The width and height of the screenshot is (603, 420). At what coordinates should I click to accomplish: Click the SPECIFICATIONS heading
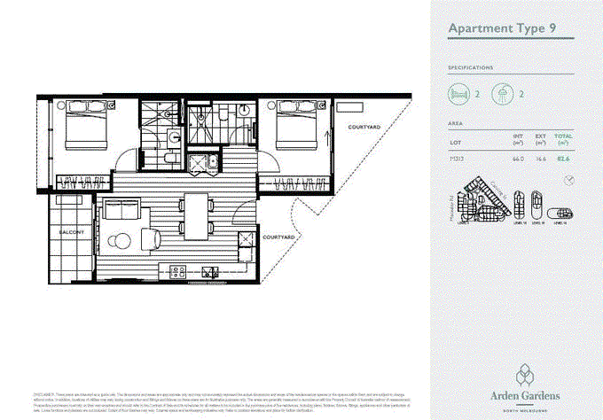pos(471,66)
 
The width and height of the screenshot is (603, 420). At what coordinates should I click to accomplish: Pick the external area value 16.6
pos(540,159)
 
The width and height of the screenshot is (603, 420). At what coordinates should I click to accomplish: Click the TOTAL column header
pos(563,136)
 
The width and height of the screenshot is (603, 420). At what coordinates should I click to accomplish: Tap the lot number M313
pos(457,159)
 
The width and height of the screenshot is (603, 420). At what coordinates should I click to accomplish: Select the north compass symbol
pos(568,180)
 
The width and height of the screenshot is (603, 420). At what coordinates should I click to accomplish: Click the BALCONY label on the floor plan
pos(71,231)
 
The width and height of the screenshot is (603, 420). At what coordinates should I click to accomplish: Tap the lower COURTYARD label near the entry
pos(278,237)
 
